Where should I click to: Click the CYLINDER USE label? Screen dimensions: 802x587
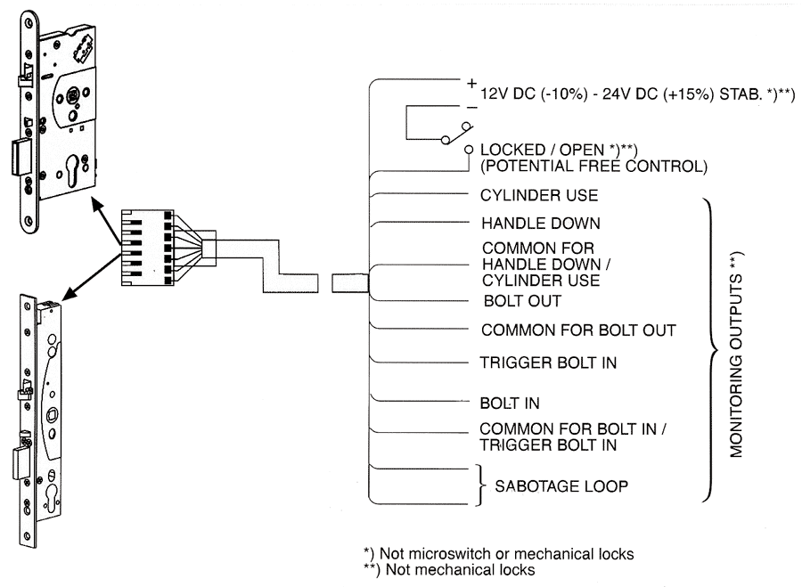(538, 195)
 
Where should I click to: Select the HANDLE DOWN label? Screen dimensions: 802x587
(541, 224)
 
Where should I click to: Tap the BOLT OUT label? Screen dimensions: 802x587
(522, 301)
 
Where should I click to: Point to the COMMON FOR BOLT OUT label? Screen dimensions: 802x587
(578, 330)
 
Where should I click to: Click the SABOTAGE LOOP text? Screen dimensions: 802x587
(561, 485)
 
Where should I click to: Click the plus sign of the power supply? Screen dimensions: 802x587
(471, 83)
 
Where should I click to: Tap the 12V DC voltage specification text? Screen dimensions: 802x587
(637, 94)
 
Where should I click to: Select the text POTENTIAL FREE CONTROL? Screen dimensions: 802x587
(593, 167)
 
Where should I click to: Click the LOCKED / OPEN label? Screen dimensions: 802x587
(559, 150)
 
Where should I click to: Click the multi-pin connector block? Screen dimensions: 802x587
(147, 248)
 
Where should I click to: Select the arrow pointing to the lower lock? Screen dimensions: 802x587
(92, 276)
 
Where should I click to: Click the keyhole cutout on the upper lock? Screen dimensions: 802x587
(74, 168)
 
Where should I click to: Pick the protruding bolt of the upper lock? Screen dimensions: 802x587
(22, 157)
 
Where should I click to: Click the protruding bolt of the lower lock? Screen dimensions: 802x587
(21, 463)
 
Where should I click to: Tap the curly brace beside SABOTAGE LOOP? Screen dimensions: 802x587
(479, 485)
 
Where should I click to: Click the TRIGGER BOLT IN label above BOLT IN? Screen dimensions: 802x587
(548, 363)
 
